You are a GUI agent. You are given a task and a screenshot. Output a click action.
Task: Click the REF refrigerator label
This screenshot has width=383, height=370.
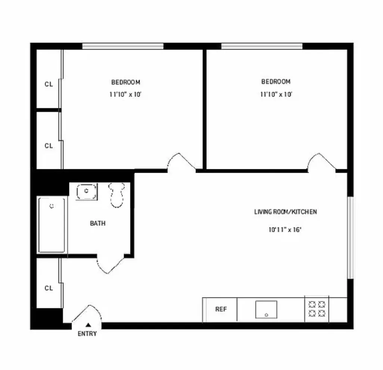click(221, 309)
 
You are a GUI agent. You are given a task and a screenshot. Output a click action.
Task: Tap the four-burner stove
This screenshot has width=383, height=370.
click(317, 309)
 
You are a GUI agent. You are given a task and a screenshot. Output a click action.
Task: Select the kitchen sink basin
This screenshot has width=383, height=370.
click(266, 309)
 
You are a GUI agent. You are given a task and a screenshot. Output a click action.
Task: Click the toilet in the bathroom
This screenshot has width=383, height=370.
click(117, 194)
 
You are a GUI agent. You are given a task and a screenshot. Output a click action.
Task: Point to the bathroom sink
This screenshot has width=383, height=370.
click(86, 191)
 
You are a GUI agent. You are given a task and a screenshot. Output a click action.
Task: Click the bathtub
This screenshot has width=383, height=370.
click(52, 225)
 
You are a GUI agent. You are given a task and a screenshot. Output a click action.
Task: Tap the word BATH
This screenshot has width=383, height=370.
click(97, 223)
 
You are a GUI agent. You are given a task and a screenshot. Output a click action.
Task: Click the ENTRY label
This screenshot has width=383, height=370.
click(87, 334)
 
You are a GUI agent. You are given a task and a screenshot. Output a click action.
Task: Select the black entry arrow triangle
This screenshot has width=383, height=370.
click(88, 325)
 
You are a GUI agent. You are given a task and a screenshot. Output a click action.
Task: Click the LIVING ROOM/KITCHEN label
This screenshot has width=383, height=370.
click(286, 212)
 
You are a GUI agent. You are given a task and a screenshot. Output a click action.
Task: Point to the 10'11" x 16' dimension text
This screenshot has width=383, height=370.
click(284, 230)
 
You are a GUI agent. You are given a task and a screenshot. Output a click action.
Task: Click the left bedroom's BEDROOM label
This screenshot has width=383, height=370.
click(126, 82)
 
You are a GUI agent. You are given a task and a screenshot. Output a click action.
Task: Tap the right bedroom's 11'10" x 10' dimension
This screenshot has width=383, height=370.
click(276, 94)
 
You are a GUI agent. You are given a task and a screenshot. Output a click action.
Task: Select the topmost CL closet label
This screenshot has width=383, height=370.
click(49, 84)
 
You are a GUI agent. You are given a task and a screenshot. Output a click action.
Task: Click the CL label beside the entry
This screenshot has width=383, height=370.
click(49, 288)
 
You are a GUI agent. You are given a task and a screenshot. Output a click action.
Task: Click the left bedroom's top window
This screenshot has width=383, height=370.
click(123, 46)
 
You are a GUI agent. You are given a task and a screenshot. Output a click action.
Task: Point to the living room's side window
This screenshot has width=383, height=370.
click(350, 237)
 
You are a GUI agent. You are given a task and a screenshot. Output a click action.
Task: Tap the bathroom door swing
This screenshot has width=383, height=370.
click(110, 264)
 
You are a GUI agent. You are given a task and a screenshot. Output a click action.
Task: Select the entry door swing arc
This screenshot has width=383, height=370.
click(86, 314)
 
